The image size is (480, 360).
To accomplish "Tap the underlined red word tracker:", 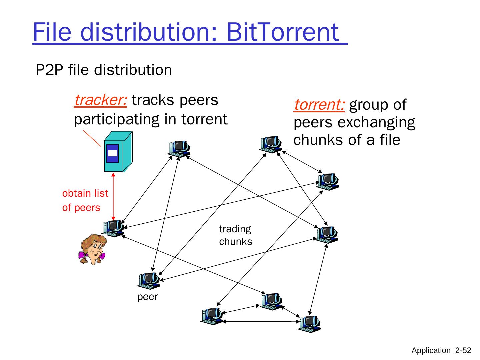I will click(100, 100).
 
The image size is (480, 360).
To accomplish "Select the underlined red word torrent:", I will click(319, 105).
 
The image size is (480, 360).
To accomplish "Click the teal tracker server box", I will click(118, 152).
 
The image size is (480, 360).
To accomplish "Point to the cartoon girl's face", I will click(95, 248).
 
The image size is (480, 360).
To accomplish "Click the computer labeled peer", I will click(149, 280).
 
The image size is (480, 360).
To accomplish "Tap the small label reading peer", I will click(147, 297).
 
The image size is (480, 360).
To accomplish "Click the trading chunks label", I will click(235, 235).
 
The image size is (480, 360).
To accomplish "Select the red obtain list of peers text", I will click(85, 200).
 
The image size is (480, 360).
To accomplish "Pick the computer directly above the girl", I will click(113, 228).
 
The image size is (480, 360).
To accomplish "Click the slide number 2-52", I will click(463, 350).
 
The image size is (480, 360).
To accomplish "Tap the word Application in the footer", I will click(431, 350).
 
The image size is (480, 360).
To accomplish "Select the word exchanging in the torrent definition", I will click(376, 122).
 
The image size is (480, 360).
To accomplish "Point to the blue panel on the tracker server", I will click(112, 153).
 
